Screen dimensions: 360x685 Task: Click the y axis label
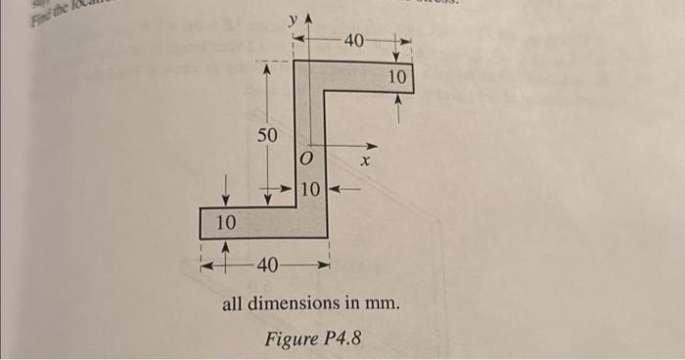[292, 21]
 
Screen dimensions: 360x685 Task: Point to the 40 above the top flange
[354, 40]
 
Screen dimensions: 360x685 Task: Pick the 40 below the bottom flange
[267, 265]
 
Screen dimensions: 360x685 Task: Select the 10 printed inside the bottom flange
[225, 223]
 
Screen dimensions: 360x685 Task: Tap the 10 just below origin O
[309, 188]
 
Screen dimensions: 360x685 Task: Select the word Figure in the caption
[289, 339]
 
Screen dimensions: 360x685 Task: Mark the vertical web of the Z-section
[309, 127]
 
